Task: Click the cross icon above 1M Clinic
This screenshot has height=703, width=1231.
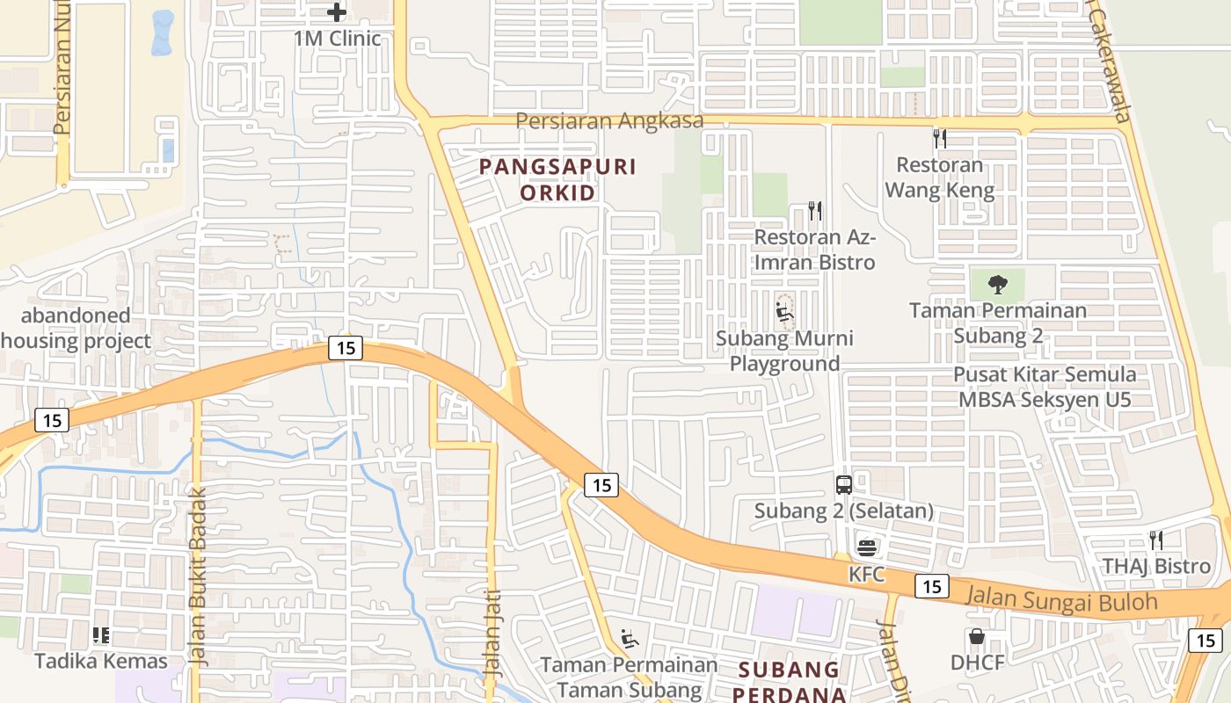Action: click(336, 12)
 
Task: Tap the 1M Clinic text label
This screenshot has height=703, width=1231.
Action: click(338, 39)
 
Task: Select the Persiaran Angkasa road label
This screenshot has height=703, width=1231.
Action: click(609, 120)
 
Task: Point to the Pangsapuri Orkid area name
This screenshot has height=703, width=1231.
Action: click(557, 179)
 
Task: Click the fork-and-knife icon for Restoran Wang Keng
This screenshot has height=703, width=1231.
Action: click(939, 138)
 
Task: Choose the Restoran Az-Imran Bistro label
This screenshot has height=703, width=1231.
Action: click(815, 250)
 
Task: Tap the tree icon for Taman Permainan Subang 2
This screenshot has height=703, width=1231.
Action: click(997, 285)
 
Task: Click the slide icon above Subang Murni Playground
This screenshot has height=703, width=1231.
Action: click(784, 312)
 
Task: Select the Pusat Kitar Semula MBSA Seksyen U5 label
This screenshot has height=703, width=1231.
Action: click(1045, 387)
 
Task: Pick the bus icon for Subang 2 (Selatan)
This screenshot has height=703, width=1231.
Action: click(843, 484)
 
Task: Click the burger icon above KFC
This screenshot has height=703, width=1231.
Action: click(866, 547)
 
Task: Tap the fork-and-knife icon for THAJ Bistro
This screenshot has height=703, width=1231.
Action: click(1156, 540)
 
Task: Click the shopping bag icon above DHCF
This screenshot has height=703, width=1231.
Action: click(976, 636)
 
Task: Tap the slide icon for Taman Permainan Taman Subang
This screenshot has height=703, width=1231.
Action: click(629, 639)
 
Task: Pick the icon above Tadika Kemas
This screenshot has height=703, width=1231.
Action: click(101, 634)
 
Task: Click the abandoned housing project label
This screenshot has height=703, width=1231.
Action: click(76, 328)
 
